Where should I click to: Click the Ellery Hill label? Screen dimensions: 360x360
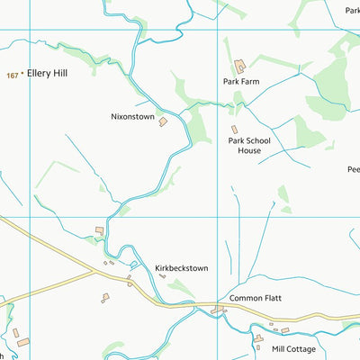(46, 73)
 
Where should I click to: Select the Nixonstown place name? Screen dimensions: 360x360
(132, 117)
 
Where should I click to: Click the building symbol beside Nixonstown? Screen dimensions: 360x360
(164, 121)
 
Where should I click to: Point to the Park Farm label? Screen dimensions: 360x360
(242, 81)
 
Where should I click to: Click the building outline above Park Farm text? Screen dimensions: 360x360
(240, 66)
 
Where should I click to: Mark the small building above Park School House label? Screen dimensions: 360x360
(234, 130)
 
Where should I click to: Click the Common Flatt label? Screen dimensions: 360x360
(256, 298)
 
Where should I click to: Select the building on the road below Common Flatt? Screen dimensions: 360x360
(217, 310)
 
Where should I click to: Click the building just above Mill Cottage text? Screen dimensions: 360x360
(257, 339)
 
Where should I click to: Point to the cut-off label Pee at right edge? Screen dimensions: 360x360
(353, 169)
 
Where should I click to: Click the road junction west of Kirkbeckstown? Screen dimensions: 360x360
(95, 269)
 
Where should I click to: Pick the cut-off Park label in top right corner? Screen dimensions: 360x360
(352, 11)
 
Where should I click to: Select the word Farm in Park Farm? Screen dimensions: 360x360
(252, 81)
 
